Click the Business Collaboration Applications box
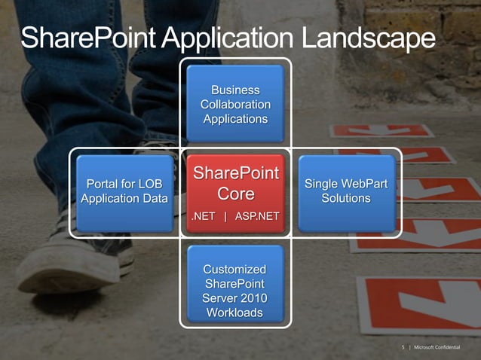coord(235,104)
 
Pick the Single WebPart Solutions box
coord(346,192)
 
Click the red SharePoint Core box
coord(235,192)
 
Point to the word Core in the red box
coord(235,194)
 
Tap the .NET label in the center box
coord(204,217)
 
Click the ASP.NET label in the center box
coord(257,217)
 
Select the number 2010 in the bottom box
coord(251,298)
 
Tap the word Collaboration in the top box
coord(235,104)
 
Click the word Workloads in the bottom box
coord(235,313)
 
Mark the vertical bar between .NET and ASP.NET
coord(225,217)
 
